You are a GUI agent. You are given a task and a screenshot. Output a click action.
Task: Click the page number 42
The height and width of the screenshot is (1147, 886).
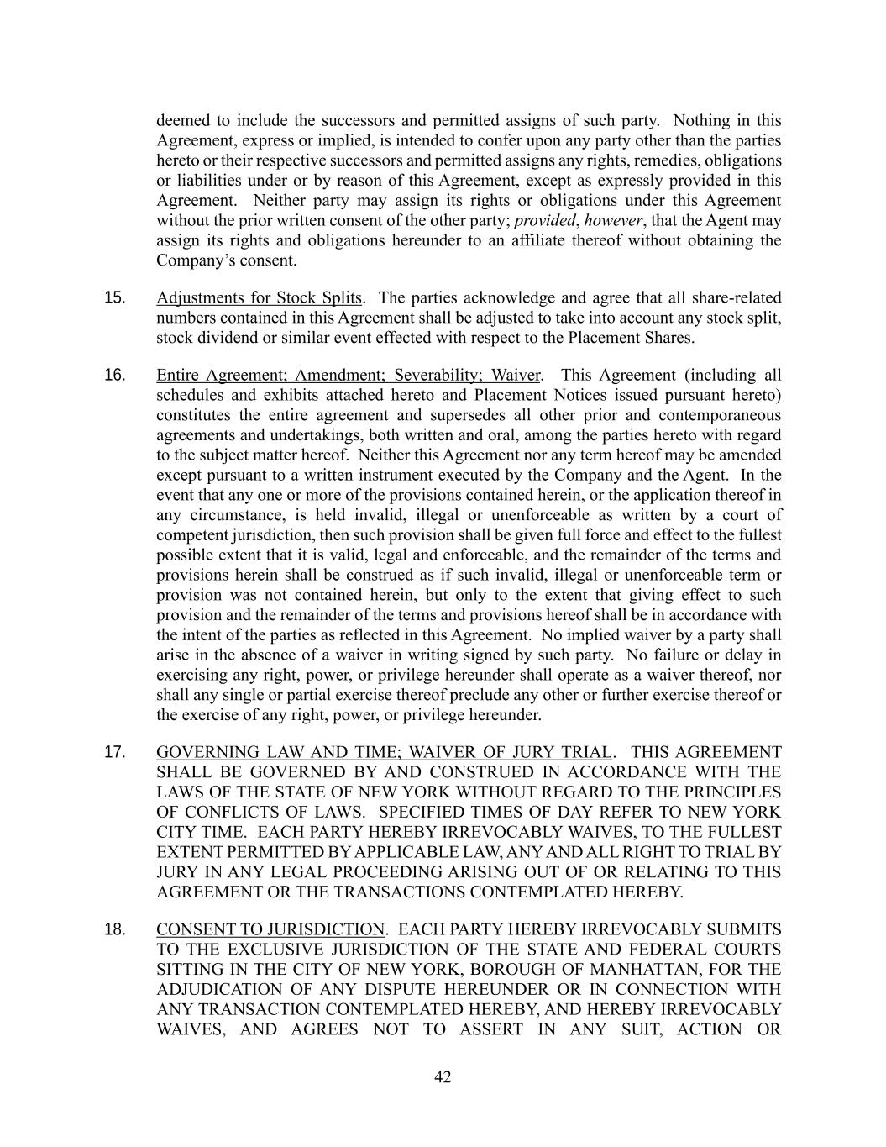coord(443,1077)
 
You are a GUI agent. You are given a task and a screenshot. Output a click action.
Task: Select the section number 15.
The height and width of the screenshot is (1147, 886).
coord(115,298)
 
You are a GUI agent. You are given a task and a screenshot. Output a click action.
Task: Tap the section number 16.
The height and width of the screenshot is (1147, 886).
coord(115,376)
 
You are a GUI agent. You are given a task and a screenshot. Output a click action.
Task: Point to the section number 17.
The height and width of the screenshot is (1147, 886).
coord(115,752)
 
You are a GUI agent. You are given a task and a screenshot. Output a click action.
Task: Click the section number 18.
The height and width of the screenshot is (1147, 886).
coord(115,929)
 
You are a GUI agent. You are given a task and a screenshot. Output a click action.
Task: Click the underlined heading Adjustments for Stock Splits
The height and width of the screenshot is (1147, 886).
coord(259,298)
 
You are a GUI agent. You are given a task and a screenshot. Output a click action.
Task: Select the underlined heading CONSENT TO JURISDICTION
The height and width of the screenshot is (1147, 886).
coord(270,929)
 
